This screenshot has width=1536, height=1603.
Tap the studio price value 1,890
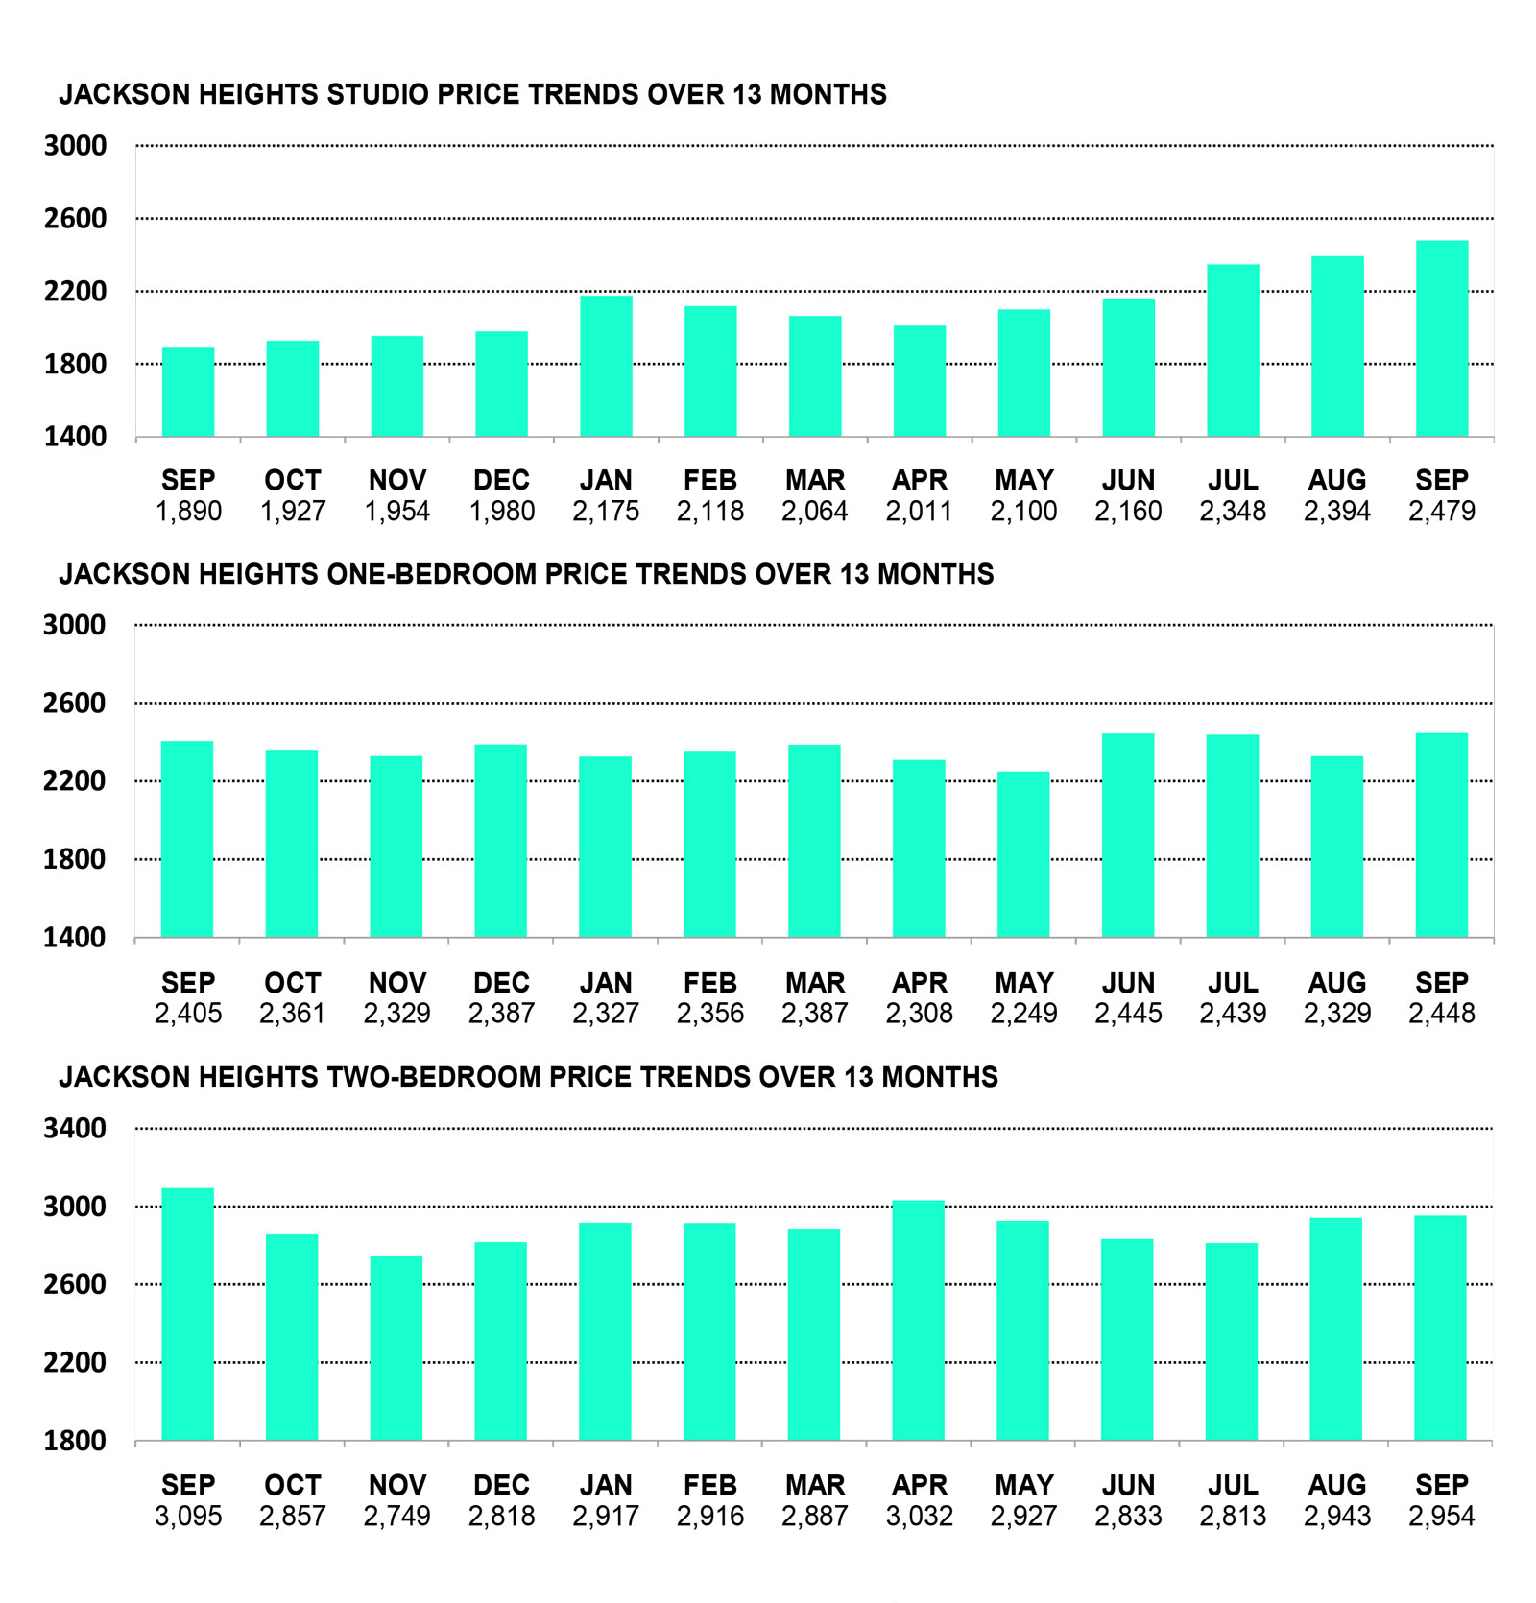[x=188, y=511]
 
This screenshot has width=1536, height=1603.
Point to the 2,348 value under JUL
[x=1233, y=511]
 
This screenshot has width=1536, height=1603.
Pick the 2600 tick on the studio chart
[x=75, y=219]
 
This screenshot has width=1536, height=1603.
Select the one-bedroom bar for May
[x=1023, y=854]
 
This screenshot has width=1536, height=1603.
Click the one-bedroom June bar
[x=1128, y=835]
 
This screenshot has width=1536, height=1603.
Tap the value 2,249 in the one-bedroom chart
[x=1023, y=1014]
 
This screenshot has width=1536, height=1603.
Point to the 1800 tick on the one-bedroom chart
[x=75, y=859]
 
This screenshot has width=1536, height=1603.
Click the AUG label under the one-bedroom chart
[x=1336, y=983]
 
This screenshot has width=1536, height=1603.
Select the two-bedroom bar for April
[x=919, y=1320]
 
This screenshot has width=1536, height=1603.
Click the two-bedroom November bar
[x=396, y=1348]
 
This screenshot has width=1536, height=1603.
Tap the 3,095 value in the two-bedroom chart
[x=188, y=1517]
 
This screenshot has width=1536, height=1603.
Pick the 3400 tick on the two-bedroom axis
[x=75, y=1128]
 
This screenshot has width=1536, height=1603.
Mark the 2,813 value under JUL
[x=1233, y=1517]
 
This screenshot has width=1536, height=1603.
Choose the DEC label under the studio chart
[x=501, y=480]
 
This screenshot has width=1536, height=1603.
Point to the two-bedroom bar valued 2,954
[x=1440, y=1328]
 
